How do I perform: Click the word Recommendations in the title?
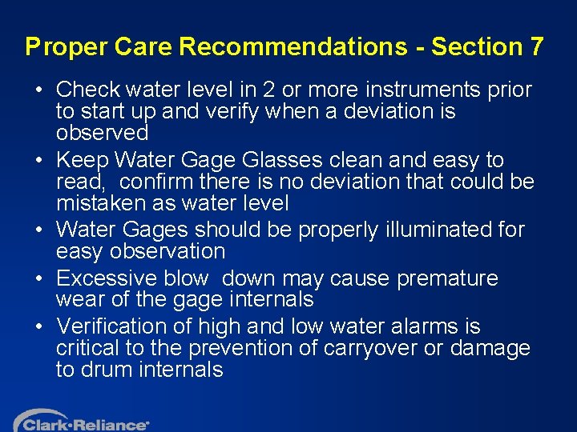click(293, 46)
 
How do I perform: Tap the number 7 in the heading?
click(536, 46)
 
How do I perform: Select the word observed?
click(102, 132)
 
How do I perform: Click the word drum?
click(110, 370)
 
